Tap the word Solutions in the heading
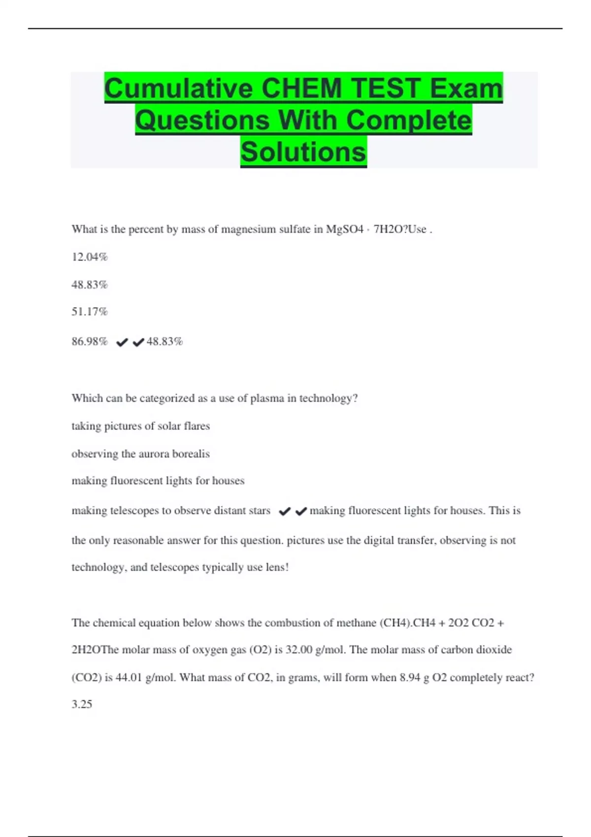click(303, 152)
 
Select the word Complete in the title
click(409, 120)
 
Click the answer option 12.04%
click(90, 257)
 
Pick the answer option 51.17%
click(90, 312)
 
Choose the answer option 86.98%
click(90, 342)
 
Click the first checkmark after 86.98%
click(122, 342)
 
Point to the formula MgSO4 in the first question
click(345, 229)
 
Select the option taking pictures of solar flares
click(141, 426)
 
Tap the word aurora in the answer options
click(154, 454)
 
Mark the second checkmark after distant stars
click(301, 512)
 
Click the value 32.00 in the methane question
click(299, 650)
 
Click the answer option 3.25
click(82, 705)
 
